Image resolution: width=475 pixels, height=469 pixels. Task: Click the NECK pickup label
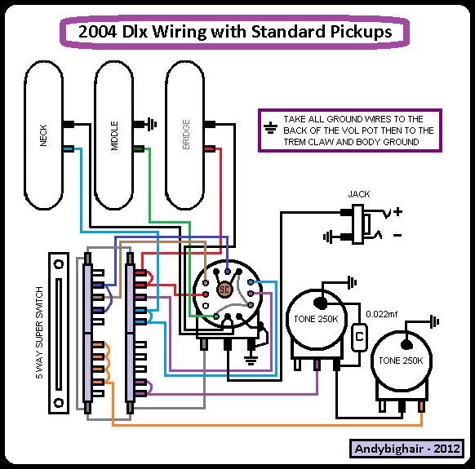click(x=43, y=135)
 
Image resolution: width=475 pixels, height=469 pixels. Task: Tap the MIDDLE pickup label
click(x=114, y=135)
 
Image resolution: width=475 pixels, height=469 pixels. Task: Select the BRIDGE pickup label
click(x=186, y=134)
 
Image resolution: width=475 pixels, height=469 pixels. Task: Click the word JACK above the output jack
click(x=359, y=194)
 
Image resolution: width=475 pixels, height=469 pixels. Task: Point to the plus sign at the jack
click(x=397, y=211)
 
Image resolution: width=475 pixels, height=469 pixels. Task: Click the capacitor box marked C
click(x=359, y=338)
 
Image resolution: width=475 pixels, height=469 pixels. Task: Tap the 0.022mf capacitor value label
click(x=381, y=314)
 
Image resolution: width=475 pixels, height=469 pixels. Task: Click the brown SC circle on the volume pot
click(x=224, y=290)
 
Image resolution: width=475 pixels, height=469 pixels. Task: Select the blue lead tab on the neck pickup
click(x=69, y=148)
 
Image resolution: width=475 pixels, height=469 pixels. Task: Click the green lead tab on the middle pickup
click(x=139, y=148)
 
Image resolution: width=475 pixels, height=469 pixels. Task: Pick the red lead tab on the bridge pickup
click(x=210, y=148)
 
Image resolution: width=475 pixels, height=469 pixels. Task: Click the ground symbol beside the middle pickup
click(x=152, y=124)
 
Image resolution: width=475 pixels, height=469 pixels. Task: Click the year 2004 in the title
click(x=97, y=32)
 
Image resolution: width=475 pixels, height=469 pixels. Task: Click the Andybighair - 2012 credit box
click(x=406, y=449)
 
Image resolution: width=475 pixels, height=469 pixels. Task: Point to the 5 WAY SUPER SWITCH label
click(x=39, y=333)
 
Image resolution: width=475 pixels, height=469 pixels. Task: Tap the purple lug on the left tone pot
click(x=317, y=365)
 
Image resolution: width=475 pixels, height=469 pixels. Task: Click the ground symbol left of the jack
click(x=328, y=237)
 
